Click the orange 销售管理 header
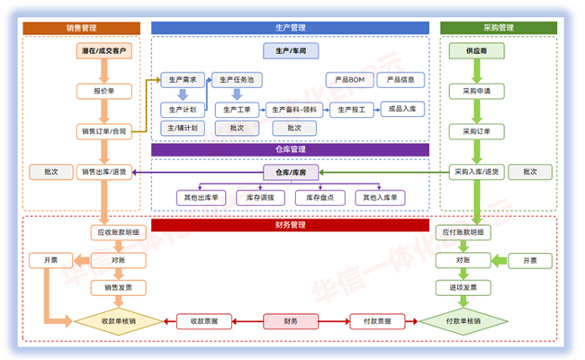coord(82,29)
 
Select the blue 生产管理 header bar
coord(290,29)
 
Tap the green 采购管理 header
coord(499,29)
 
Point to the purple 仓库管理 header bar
coord(290,149)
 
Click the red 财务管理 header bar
coord(290,224)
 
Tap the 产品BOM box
coord(344,80)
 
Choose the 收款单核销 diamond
coord(118,321)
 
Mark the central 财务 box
coord(290,321)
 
